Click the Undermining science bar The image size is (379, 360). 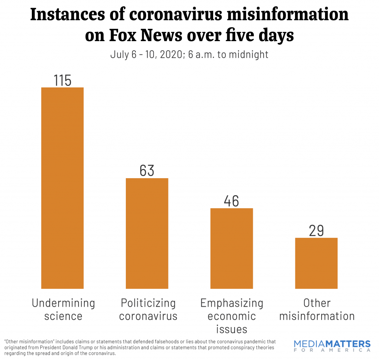[x=62, y=188]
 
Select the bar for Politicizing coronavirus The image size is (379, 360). [x=147, y=233]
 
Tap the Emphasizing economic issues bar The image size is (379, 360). [x=232, y=248]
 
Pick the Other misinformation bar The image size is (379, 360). [x=316, y=263]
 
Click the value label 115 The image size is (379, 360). [x=62, y=80]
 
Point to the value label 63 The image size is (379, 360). [x=147, y=171]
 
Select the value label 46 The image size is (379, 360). [x=232, y=201]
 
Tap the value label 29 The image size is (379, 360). [x=316, y=230]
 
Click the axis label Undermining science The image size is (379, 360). [x=63, y=309]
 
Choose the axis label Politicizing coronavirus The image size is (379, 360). [x=148, y=309]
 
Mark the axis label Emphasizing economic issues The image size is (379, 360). [x=232, y=316]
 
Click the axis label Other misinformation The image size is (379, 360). [x=317, y=309]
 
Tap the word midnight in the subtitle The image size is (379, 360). [x=248, y=55]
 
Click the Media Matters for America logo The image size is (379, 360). [x=332, y=346]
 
